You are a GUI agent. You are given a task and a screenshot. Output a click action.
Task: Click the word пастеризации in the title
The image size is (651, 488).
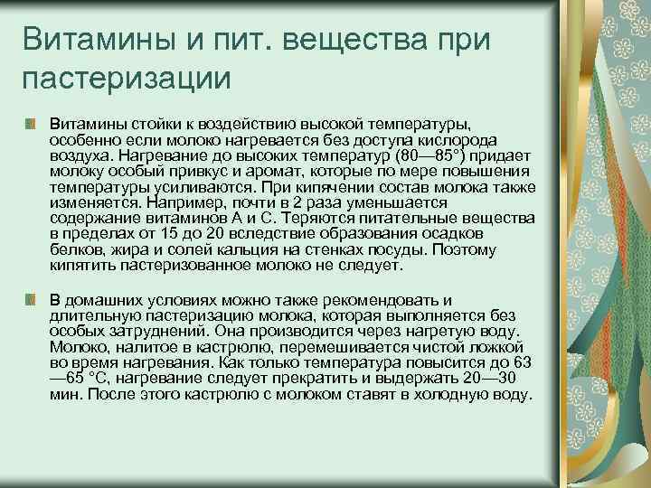point(127,77)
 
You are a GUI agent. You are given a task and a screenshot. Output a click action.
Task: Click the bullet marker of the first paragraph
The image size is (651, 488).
point(31,122)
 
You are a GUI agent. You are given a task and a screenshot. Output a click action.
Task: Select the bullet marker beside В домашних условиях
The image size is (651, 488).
point(31,298)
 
